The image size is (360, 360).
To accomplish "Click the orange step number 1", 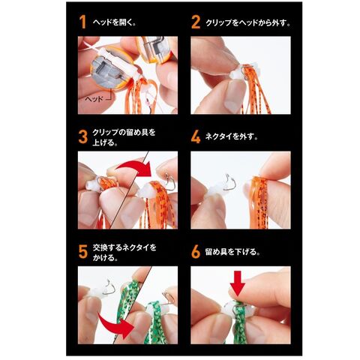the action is point(83,22).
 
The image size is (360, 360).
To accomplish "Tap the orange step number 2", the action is point(196,22).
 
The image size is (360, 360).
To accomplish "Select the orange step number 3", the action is point(83,137).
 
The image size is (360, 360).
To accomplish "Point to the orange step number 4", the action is point(196,137).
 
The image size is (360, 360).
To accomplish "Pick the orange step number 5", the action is point(83,252).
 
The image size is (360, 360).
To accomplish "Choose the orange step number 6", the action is point(196,252).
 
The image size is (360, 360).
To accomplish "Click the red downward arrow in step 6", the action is point(237,283).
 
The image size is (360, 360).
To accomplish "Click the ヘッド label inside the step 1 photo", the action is point(94,99).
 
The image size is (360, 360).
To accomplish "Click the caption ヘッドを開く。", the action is point(115,22).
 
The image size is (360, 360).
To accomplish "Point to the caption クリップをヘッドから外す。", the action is point(248,22).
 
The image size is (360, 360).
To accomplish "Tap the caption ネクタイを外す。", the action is point(232,136).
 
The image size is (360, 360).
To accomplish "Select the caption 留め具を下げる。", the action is point(232,252).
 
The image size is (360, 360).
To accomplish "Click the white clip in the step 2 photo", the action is point(238,73).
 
